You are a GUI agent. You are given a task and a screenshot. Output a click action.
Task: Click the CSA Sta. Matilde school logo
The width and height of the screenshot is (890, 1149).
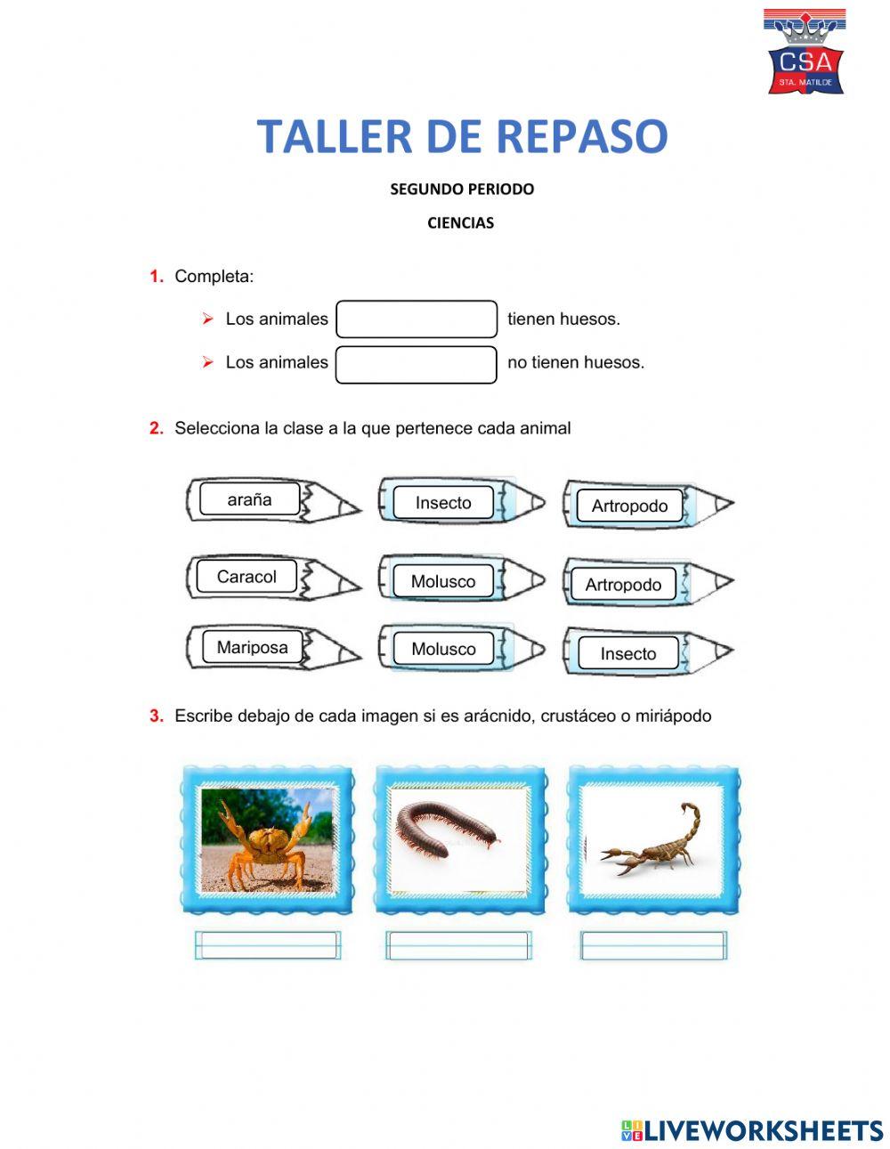[x=805, y=53]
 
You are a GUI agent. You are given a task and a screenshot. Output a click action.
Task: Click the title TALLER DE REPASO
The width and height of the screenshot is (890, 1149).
[x=462, y=136]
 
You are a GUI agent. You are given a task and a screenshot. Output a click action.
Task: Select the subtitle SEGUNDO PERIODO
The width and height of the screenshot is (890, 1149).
[x=462, y=189]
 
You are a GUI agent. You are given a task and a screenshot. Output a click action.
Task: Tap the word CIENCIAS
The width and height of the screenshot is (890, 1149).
[x=460, y=223]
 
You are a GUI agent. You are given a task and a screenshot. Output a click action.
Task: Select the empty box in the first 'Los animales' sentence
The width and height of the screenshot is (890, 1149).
[x=416, y=320]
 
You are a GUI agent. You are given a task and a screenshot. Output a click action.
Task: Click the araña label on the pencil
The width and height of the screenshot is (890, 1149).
[x=249, y=499]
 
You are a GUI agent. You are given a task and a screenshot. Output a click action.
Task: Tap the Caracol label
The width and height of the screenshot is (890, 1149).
[x=247, y=577]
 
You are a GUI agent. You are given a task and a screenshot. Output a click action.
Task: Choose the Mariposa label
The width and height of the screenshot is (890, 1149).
[x=252, y=648]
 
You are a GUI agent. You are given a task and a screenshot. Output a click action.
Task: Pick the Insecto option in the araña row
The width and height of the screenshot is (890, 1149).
[x=443, y=503]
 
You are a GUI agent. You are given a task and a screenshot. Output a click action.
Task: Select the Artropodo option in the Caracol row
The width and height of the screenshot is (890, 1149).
[x=623, y=585]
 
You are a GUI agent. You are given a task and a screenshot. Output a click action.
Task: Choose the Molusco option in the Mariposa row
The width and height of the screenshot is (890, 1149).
[x=443, y=650]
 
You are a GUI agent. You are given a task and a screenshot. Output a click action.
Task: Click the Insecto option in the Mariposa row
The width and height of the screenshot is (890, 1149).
[x=627, y=654]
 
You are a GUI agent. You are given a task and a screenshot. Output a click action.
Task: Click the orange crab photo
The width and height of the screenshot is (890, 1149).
[x=267, y=839]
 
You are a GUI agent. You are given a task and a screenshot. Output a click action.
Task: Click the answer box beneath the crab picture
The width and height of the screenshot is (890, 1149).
[x=267, y=945]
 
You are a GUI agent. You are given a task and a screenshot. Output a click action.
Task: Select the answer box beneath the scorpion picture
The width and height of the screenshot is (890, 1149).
[x=653, y=945]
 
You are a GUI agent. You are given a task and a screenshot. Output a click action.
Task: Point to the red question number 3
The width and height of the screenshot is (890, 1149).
[x=157, y=716]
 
